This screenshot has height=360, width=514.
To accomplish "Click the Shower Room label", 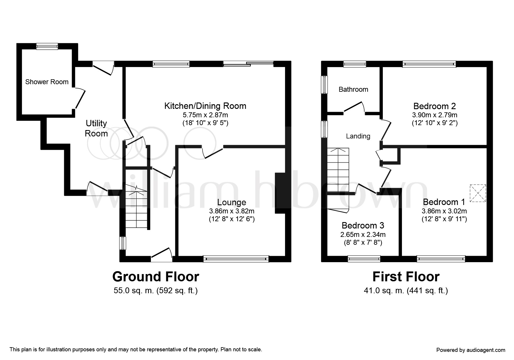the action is click(x=47, y=82).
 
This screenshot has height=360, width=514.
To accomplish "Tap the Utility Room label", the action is click(x=96, y=128).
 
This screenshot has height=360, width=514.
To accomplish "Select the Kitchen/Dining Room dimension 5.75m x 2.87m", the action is click(x=205, y=115).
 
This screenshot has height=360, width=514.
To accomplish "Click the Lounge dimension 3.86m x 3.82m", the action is click(x=232, y=211).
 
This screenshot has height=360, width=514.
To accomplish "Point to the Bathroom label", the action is click(x=353, y=89).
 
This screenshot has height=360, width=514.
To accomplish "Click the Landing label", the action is click(x=358, y=136).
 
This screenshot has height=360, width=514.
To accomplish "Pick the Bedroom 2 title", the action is click(x=434, y=106).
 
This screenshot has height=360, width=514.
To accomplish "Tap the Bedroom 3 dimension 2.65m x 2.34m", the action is click(x=363, y=234).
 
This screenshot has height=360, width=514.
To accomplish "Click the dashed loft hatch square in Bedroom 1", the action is click(x=478, y=193).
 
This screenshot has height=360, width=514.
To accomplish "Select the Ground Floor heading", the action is click(x=156, y=277).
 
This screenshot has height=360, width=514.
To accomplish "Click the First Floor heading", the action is click(x=406, y=277).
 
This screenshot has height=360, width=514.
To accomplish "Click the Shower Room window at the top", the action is click(x=47, y=46).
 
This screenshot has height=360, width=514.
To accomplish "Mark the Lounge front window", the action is click(x=236, y=259).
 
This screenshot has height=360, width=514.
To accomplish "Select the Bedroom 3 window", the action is click(x=364, y=259).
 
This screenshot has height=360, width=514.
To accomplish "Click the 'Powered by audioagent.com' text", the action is click(x=471, y=350).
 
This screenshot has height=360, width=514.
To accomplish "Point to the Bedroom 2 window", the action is click(x=429, y=64).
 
